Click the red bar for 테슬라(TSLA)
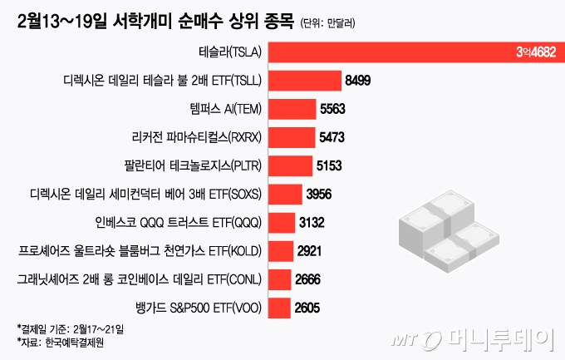click(415, 52)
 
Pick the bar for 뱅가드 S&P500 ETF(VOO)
click(279, 308)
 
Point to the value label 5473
click(332, 137)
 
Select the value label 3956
click(320, 194)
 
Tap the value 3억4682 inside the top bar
click(534, 52)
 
